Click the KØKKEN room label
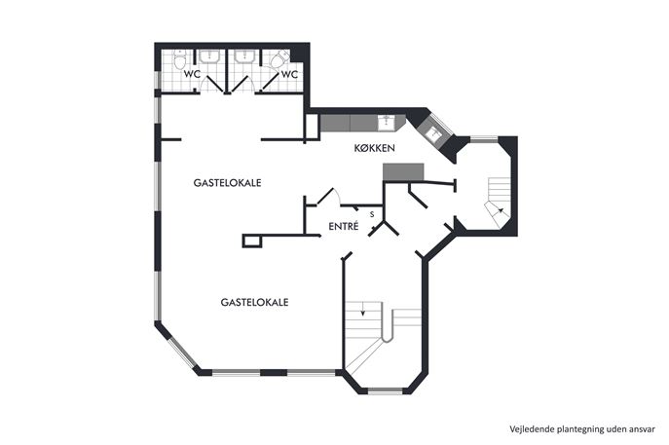[x=375, y=148]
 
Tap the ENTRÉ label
[x=344, y=227]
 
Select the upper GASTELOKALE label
[x=228, y=183]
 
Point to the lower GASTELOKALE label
[x=255, y=302]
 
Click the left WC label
[x=192, y=74]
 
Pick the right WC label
[x=289, y=74]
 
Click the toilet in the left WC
[x=179, y=60]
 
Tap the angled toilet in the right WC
[x=279, y=59]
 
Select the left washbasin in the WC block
[x=210, y=56]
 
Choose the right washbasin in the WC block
[x=245, y=56]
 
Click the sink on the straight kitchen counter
[x=387, y=122]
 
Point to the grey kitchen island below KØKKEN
[x=403, y=171]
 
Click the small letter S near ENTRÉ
[x=372, y=214]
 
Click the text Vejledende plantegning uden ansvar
[x=582, y=428]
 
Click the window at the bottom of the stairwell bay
[x=386, y=390]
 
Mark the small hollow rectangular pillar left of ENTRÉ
[x=252, y=241]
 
